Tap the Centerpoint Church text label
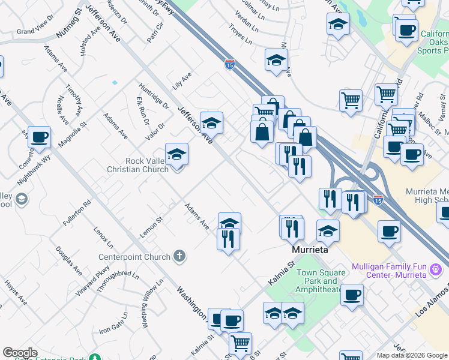click(x=135, y=257)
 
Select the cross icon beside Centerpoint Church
click(x=179, y=256)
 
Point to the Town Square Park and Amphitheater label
click(x=322, y=281)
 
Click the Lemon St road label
click(x=151, y=228)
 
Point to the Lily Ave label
click(x=181, y=81)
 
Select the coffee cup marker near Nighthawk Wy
click(x=40, y=137)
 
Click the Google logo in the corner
click(x=20, y=353)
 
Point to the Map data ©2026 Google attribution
click(x=412, y=355)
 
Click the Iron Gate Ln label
click(x=114, y=322)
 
